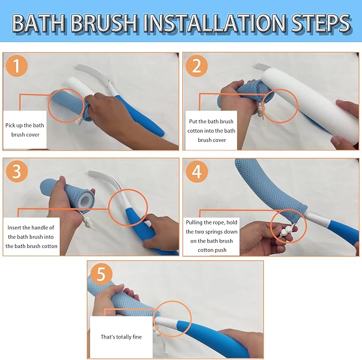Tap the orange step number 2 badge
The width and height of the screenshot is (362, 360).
(197, 66)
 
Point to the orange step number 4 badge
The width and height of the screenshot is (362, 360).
(197, 172)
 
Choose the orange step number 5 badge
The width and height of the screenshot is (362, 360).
(101, 274)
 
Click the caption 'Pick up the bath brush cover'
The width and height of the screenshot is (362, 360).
(26, 130)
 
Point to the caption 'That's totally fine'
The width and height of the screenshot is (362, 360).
(121, 337)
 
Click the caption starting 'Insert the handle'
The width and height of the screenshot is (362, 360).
(31, 237)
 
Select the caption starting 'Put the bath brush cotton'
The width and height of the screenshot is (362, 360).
(211, 131)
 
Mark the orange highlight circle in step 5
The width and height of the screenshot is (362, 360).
(172, 319)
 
